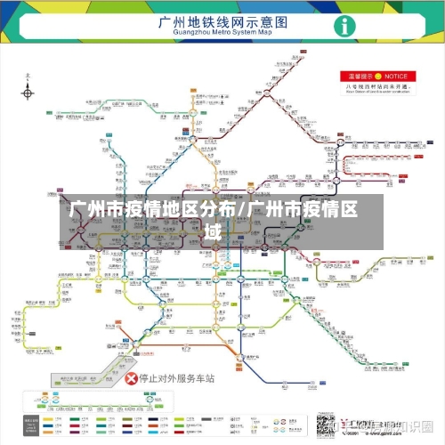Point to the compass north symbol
click(x=28, y=92)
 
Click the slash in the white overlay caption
click(x=243, y=211)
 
